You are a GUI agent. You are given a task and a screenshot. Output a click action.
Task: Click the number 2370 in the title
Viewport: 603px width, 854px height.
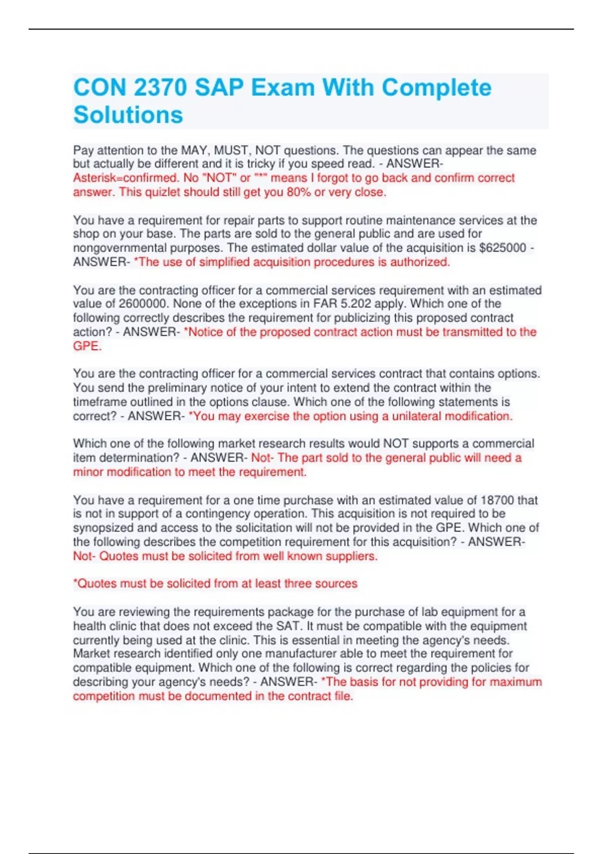(x=160, y=88)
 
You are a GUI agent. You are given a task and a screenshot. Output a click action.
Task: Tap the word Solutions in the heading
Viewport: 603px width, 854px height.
(x=128, y=115)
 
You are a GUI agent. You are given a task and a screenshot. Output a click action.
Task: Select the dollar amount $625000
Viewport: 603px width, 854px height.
(x=503, y=248)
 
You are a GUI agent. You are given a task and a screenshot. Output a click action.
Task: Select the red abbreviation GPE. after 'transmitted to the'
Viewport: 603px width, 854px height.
(x=87, y=346)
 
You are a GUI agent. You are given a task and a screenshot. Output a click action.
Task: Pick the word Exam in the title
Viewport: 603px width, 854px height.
(x=283, y=88)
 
